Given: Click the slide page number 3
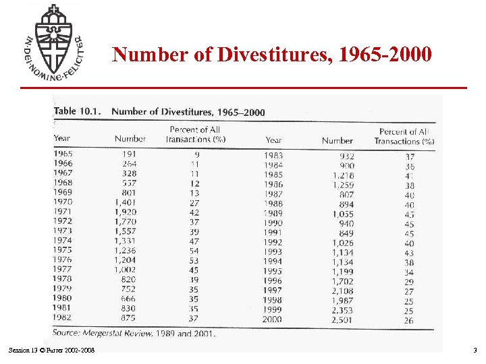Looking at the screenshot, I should coord(475,350).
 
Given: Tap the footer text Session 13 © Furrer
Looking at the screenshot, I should coord(51,350).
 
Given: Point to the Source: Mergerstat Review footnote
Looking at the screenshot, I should coord(134,333).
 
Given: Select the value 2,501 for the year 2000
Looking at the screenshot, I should coord(342,320).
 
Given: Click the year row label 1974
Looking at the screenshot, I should coord(62,241).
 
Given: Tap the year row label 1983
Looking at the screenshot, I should coord(273,156).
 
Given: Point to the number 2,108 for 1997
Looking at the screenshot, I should coord(342,291).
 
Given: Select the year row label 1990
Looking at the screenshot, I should coord(273,223).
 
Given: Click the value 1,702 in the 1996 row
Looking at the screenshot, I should coord(342,281).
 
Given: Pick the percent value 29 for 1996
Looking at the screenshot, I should coord(408,281).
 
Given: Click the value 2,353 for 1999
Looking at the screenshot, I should coord(342,310).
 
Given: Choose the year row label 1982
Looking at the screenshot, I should coord(62,317).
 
